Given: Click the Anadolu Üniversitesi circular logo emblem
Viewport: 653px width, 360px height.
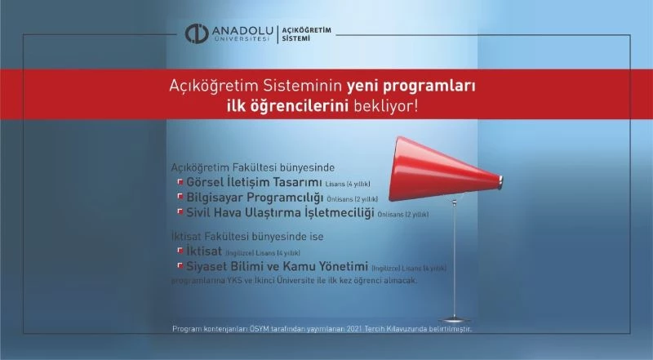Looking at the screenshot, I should pos(198,33).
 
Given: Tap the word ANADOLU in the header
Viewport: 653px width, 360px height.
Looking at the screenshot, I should pos(241,31).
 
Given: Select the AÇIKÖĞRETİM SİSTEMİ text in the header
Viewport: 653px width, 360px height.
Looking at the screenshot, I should pos(307,33).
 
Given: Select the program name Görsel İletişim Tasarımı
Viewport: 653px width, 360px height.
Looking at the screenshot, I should pos(250,183).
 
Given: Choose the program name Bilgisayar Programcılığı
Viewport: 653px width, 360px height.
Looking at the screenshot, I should pos(250,198).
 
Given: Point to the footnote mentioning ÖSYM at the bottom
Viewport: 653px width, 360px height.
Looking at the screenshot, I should pos(322,328).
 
